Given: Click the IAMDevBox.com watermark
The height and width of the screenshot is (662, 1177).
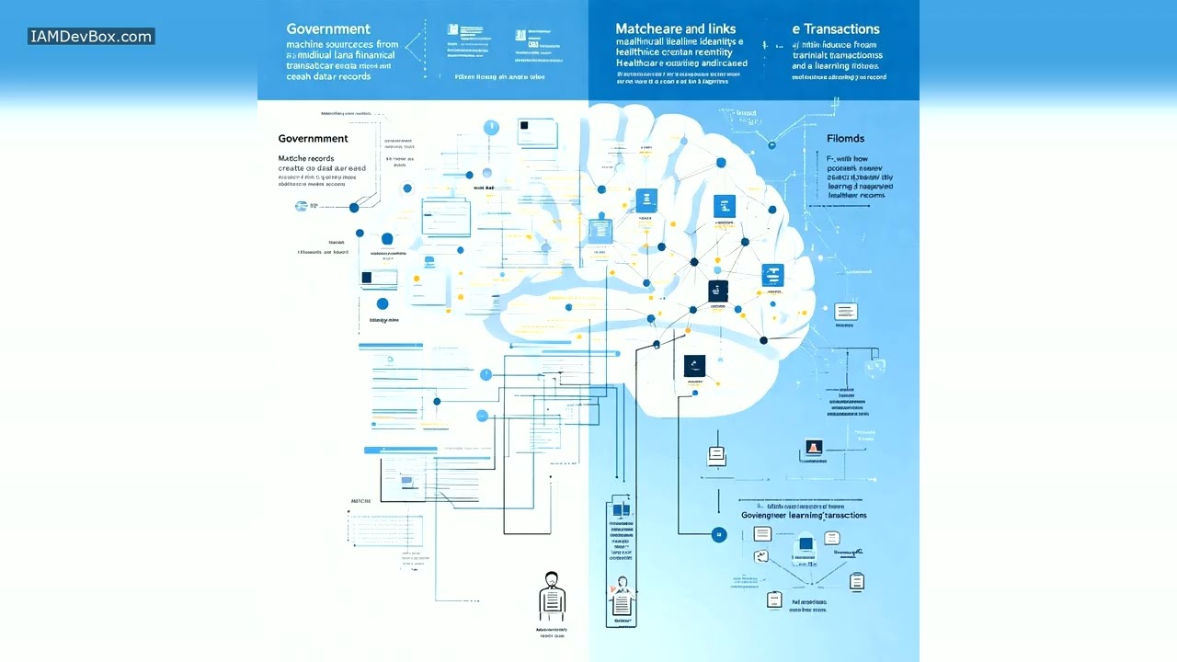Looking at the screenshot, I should pyautogui.click(x=90, y=37).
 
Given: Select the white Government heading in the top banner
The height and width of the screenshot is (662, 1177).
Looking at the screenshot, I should pyautogui.click(x=328, y=29).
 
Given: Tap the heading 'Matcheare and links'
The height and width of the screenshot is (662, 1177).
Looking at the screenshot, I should pyautogui.click(x=675, y=29).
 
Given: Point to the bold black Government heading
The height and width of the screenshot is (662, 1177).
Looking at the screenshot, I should pyautogui.click(x=313, y=139).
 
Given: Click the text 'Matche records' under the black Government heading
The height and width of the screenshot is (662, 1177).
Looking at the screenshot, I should pyautogui.click(x=306, y=158).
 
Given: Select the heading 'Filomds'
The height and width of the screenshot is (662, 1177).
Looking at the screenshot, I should pyautogui.click(x=845, y=139).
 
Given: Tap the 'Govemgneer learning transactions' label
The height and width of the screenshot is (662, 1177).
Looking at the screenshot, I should pyautogui.click(x=804, y=516).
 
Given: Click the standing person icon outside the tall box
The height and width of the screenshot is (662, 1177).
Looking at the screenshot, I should pyautogui.click(x=551, y=593).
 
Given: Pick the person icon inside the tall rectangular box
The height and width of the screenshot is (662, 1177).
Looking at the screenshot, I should pyautogui.click(x=622, y=597).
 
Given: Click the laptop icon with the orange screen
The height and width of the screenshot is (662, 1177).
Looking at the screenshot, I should pyautogui.click(x=813, y=449).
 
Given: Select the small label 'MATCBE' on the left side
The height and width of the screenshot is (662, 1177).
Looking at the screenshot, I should pyautogui.click(x=360, y=501).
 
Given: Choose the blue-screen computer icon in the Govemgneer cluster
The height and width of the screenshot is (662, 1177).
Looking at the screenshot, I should pyautogui.click(x=806, y=545).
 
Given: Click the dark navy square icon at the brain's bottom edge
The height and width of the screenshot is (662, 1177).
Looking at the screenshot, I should pyautogui.click(x=694, y=365).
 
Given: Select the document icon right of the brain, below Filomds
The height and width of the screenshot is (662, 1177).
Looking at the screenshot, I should pyautogui.click(x=845, y=313).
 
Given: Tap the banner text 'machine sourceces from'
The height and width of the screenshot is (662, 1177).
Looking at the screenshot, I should pyautogui.click(x=342, y=44).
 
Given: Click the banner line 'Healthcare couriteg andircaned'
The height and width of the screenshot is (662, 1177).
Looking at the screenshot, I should pyautogui.click(x=680, y=64).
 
